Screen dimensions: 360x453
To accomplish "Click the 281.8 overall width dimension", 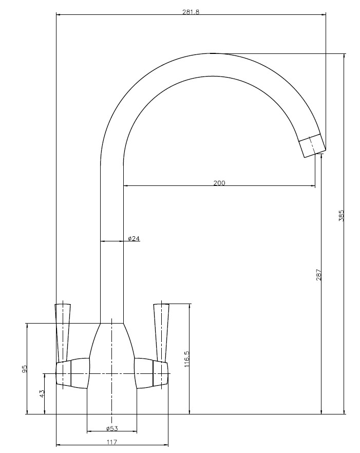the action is click(191, 12).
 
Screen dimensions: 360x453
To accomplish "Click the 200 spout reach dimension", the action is click(219, 183).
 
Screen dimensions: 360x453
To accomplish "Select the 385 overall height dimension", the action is click(342, 216).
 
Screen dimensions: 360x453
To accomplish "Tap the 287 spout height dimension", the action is click(319, 275).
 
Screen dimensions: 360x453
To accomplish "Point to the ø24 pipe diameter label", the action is click(134, 238).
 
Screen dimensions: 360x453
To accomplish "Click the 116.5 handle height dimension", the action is click(186, 359).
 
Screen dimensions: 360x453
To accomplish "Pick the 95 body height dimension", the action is click(24, 369).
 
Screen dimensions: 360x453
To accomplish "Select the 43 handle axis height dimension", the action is click(42, 393).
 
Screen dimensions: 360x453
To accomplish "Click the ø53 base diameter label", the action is click(112, 428).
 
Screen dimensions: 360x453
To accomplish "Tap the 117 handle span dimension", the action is click(112, 442).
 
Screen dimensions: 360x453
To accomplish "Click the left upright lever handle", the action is click(63, 333).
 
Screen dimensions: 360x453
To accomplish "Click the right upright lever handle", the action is click(161, 332).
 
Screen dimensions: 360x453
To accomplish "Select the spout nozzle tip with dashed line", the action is click(312, 146).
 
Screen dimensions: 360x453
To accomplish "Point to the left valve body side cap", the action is click(63, 373).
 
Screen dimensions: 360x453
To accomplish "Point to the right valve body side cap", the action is click(160, 373).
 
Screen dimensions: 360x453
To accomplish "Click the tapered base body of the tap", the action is click(112, 355).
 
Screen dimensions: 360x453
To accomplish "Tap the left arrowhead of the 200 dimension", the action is click(126, 186).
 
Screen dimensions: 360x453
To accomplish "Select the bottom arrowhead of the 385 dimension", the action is click(344, 412).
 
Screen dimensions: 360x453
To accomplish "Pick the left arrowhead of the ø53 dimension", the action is click(89, 431).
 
